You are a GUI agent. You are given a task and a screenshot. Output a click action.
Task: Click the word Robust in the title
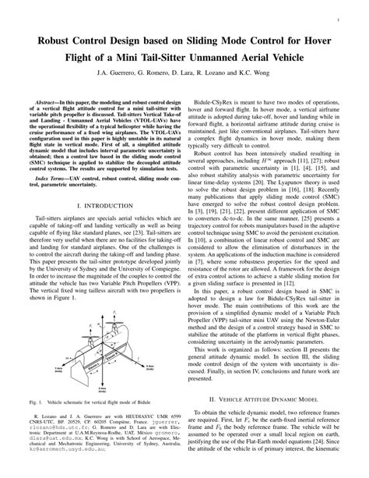(54, 40)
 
